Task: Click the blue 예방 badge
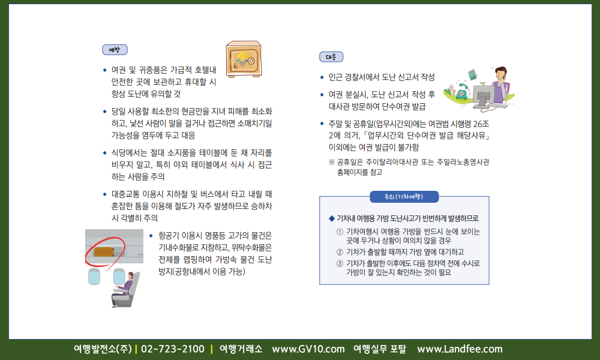tap(115, 50)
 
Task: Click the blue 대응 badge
tap(331, 57)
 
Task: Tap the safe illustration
tap(244, 59)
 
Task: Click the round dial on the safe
tap(251, 61)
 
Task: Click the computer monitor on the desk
tap(484, 91)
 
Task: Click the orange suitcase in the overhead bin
tap(104, 251)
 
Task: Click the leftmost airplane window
tap(94, 276)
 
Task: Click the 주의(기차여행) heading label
tap(404, 197)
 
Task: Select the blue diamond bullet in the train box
tap(332, 218)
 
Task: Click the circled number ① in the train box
tap(340, 232)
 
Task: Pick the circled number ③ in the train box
tap(340, 263)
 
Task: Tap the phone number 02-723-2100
tap(173, 349)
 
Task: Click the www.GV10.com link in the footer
tap(308, 349)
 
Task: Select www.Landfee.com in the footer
tap(460, 349)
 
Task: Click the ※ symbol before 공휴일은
tap(332, 162)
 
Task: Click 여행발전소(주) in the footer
tap(103, 349)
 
